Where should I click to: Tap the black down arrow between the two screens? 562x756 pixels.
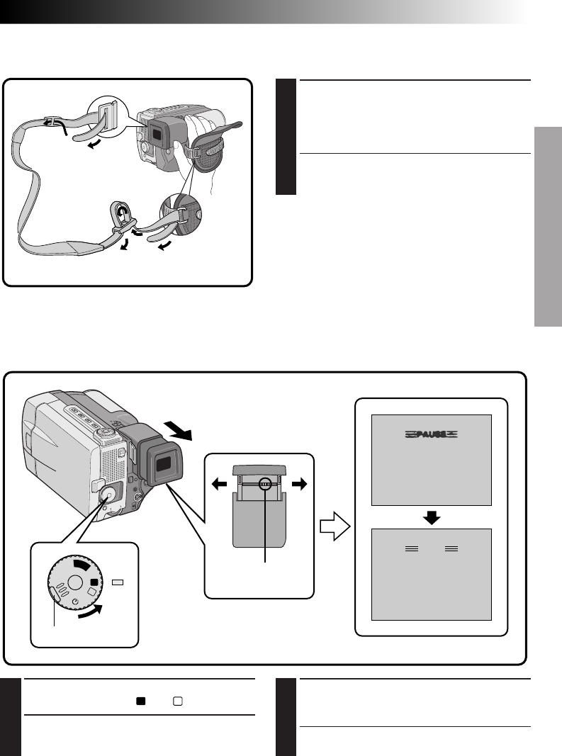pos(432,517)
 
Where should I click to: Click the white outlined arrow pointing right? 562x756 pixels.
pos(333,526)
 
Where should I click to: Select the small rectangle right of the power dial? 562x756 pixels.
pos(118,582)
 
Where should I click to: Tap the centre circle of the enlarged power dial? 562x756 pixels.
pos(73,586)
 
